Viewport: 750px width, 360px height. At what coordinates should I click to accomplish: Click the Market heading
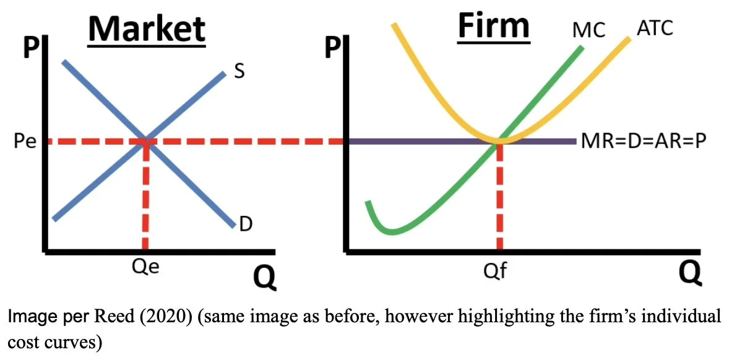(x=147, y=29)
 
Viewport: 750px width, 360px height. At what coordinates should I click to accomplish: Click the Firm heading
(x=493, y=26)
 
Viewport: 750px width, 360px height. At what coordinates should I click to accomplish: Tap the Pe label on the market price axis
(x=25, y=142)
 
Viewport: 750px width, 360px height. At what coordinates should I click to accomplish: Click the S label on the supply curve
(x=239, y=72)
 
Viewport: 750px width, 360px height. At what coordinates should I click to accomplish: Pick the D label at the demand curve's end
(x=245, y=223)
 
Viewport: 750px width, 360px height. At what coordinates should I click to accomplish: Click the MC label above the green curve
(x=588, y=30)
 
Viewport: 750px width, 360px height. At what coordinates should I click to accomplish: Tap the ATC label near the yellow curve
(x=654, y=27)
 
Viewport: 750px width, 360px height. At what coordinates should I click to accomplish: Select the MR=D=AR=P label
(x=644, y=142)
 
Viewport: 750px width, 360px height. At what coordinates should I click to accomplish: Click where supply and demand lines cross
(x=146, y=141)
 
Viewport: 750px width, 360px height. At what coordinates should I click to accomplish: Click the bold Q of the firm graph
(x=690, y=272)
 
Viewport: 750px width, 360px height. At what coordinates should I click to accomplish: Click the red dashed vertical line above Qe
(x=145, y=198)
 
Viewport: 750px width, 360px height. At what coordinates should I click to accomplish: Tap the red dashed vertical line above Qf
(x=499, y=198)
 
